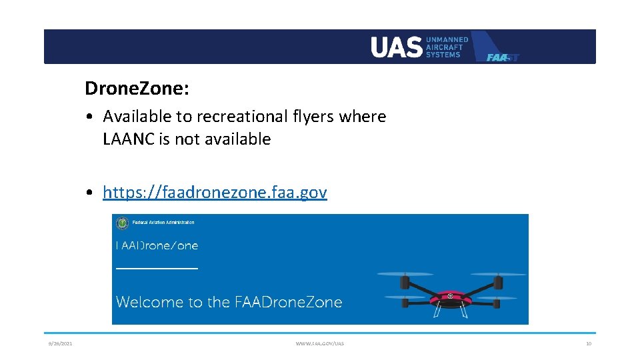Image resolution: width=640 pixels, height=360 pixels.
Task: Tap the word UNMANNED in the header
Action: pyautogui.click(x=447, y=40)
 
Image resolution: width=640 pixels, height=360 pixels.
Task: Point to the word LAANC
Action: pyautogui.click(x=129, y=139)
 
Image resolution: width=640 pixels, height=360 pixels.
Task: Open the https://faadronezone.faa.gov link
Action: pyautogui.click(x=215, y=193)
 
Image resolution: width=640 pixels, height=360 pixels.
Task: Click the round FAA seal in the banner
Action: pyautogui.click(x=122, y=223)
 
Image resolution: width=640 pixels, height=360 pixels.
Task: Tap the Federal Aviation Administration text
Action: pyautogui.click(x=163, y=223)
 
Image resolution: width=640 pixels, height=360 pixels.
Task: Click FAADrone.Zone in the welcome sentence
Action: pyautogui.click(x=288, y=302)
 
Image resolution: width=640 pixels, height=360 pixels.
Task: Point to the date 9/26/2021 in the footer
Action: pyautogui.click(x=60, y=344)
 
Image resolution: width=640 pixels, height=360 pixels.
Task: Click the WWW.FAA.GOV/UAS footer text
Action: pyautogui.click(x=320, y=344)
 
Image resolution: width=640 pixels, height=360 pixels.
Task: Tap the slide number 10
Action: pyautogui.click(x=588, y=344)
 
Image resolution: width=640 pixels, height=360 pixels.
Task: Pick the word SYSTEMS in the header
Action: pyautogui.click(x=443, y=55)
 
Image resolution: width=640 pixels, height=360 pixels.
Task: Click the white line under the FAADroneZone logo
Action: pyautogui.click(x=157, y=267)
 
